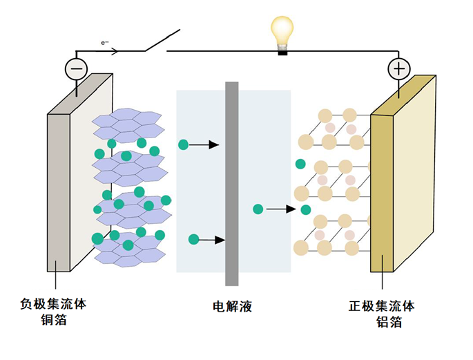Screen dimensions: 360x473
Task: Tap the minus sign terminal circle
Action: (x=76, y=68)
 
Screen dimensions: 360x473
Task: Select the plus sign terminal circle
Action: (x=398, y=68)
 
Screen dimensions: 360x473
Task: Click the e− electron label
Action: (x=105, y=42)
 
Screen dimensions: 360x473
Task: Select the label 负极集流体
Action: (x=54, y=303)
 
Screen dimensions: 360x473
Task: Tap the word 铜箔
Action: (x=54, y=320)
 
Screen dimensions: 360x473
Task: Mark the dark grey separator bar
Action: (x=232, y=183)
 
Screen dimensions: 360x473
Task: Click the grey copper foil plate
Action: (x=58, y=193)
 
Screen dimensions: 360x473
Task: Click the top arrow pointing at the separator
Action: (x=204, y=145)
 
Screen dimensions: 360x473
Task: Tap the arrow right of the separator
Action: (x=282, y=209)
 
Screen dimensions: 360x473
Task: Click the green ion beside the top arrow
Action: (x=183, y=144)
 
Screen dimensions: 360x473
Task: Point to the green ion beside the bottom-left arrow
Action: (x=193, y=240)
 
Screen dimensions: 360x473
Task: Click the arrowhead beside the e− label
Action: (x=114, y=50)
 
